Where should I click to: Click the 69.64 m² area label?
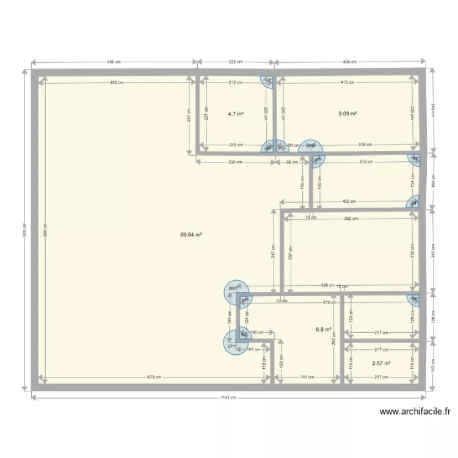[x=191, y=234]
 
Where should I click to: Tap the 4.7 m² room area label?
[x=236, y=114]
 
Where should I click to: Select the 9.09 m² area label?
[x=348, y=113]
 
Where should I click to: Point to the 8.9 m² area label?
[x=323, y=329]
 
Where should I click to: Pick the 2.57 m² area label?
[x=381, y=363]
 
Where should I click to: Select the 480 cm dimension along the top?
[x=114, y=62]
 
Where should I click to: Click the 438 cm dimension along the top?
[x=349, y=62]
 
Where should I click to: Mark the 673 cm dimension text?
[x=153, y=377]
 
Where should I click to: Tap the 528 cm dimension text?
[x=327, y=285]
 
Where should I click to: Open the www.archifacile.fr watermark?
[x=415, y=412]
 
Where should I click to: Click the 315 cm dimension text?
[x=365, y=145]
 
